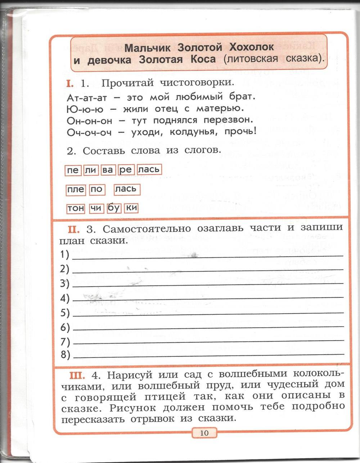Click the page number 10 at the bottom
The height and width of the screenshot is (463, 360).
tap(204, 432)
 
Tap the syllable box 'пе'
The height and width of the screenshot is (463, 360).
tap(73, 170)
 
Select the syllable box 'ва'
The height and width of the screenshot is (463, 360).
tap(107, 170)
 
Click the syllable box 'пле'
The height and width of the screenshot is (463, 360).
tap(76, 189)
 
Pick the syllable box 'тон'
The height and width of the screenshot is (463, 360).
tap(76, 208)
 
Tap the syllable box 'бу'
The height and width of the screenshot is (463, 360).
tap(113, 208)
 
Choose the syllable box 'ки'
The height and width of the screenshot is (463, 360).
tap(131, 208)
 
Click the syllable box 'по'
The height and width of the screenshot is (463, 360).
tap(96, 189)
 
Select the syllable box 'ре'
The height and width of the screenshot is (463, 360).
tap(126, 170)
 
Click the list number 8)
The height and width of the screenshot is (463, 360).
tap(65, 355)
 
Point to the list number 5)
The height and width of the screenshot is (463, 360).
tap(65, 313)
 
